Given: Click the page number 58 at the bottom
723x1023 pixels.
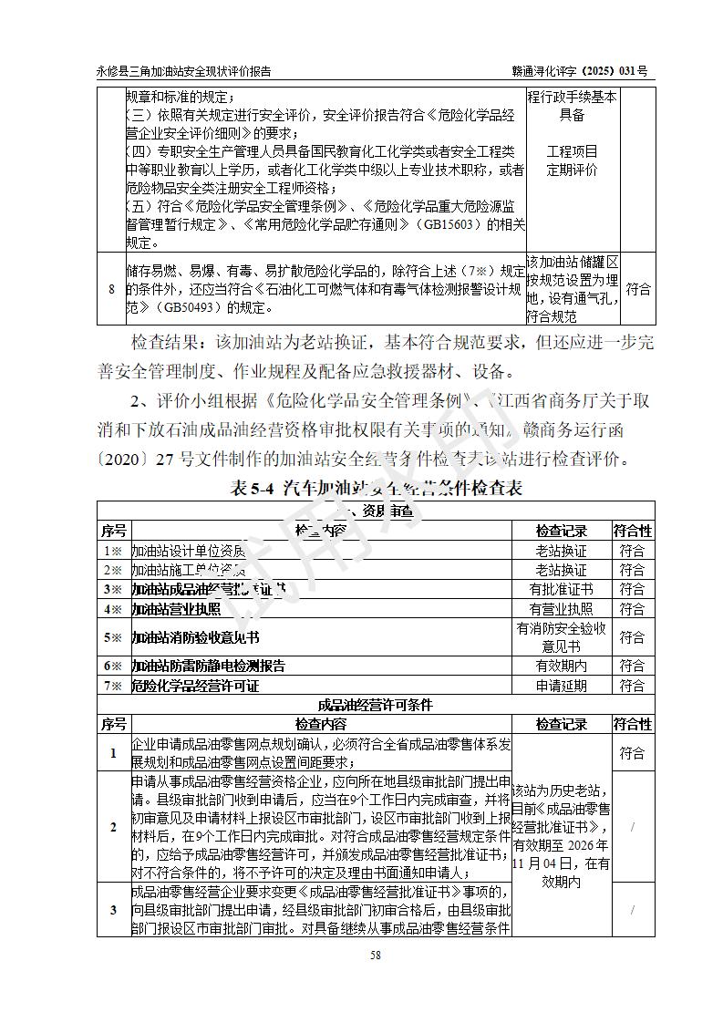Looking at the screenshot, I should point(375,956).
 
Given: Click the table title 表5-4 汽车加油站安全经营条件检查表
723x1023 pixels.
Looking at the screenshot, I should point(377,489).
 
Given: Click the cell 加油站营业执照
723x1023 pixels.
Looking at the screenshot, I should point(176,609).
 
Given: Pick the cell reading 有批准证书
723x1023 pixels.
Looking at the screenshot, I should point(561,590).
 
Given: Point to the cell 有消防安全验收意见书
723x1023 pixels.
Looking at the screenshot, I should point(561,637).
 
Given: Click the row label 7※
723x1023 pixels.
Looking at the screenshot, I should point(113,686).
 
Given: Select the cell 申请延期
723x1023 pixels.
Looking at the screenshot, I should point(561,686).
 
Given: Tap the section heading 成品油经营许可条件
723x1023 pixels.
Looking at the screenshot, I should point(375,705).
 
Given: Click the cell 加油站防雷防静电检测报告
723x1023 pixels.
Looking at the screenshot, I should point(208,666).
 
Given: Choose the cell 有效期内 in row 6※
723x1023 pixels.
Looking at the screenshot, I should point(561,666).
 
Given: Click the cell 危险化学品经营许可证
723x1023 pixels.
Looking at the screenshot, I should point(195,686).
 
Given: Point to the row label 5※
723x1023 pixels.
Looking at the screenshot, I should point(113,637).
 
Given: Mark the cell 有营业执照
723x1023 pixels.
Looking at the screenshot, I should point(561,609).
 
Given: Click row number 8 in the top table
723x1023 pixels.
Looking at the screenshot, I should point(112,290).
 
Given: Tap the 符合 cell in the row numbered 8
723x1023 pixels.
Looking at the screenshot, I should point(638,290).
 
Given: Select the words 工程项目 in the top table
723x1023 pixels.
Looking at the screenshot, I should point(572,151).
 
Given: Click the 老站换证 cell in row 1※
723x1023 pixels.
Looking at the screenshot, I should point(561,551).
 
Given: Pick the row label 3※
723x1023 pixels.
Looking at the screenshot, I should point(113,590).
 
